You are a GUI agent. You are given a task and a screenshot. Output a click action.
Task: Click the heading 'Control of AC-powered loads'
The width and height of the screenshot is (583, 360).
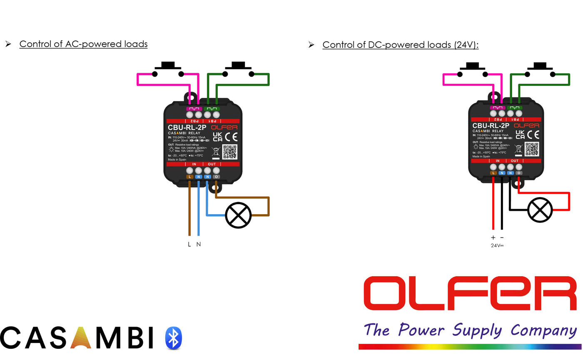[83, 44]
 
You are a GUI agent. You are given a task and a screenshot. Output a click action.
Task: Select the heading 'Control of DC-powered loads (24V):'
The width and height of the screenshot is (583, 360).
[400, 45]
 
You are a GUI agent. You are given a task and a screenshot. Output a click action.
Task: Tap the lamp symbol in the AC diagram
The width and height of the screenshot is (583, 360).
[238, 215]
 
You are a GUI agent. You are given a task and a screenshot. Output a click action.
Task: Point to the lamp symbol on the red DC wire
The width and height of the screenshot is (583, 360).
[540, 210]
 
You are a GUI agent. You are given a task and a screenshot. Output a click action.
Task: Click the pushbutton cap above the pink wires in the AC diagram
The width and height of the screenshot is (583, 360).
[168, 65]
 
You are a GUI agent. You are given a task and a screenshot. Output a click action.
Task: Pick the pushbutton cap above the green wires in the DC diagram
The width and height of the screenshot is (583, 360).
[541, 66]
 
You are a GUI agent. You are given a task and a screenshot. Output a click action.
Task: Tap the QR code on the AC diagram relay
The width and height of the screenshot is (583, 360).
[229, 152]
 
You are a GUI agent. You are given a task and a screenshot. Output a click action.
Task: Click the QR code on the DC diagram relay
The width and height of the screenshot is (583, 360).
[532, 149]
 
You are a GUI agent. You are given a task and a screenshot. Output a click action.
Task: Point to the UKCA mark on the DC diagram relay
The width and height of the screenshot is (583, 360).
[520, 135]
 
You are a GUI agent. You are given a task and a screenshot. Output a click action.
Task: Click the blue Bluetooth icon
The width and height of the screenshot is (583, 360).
[173, 337]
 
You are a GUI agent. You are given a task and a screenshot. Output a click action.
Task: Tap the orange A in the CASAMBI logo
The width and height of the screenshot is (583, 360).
[81, 337]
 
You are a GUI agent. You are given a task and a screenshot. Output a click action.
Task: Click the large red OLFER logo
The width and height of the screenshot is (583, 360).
[470, 293]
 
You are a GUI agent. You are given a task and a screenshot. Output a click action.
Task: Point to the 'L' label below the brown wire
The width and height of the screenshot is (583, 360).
[189, 245]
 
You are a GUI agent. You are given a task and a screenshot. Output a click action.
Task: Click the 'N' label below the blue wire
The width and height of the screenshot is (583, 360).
[199, 245]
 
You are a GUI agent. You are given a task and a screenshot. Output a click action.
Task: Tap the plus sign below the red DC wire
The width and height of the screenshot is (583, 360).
[493, 237]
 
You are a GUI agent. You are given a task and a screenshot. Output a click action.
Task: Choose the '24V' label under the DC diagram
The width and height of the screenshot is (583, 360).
[497, 245]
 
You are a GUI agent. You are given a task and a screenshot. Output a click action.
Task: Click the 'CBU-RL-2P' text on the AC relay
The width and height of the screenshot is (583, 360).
[187, 127]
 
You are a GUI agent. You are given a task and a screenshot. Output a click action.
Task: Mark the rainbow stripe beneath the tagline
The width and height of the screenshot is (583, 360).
[470, 347]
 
